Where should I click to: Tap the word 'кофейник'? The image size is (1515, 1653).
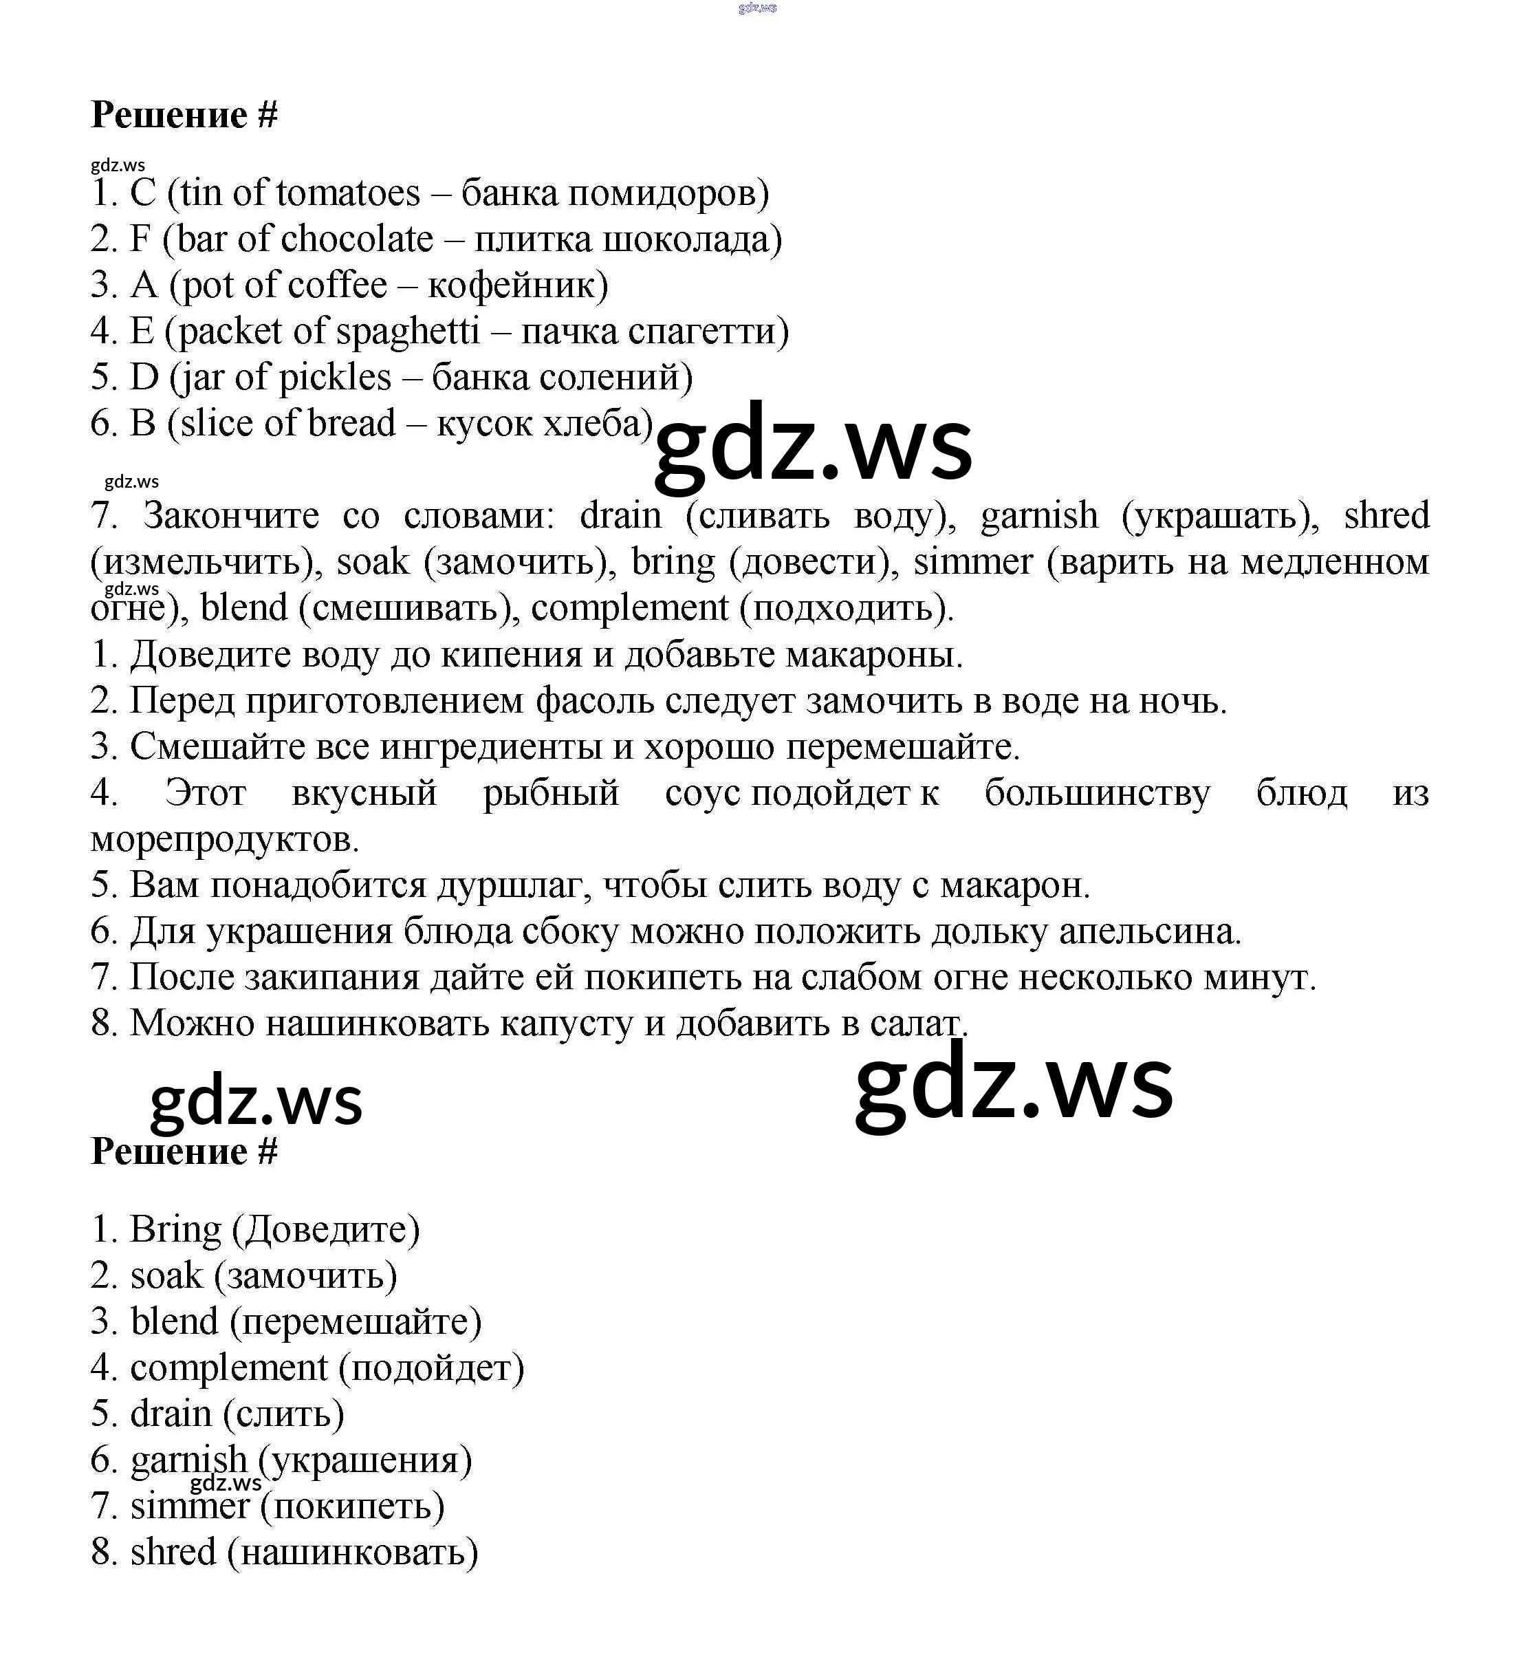pyautogui.click(x=517, y=286)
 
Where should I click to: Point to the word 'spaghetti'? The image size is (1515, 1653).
pyautogui.click(x=407, y=332)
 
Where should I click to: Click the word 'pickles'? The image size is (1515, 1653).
pyautogui.click(x=334, y=378)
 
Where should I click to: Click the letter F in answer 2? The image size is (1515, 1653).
pyautogui.click(x=140, y=240)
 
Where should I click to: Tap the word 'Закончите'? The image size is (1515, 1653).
pyautogui.click(x=231, y=517)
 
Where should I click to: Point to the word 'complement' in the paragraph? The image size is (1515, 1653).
pyautogui.click(x=630, y=608)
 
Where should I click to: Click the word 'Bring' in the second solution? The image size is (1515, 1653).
pyautogui.click(x=175, y=1230)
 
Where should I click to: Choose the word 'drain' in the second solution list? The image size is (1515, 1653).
pyautogui.click(x=171, y=1414)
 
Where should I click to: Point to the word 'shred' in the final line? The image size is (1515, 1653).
pyautogui.click(x=173, y=1552)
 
